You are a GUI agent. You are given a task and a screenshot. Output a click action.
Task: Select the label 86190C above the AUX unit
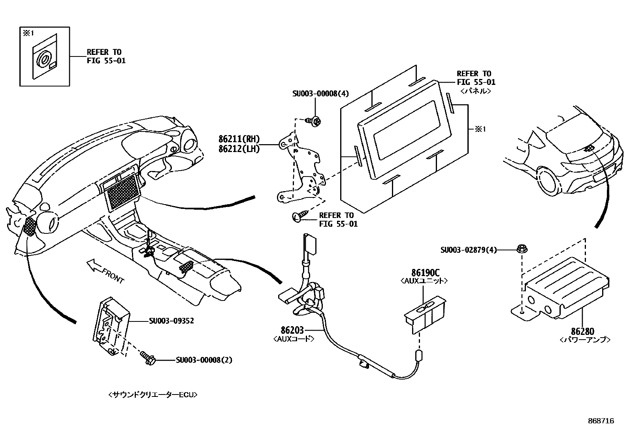coord(425,272)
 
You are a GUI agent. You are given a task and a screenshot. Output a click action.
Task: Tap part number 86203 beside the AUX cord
coord(292,330)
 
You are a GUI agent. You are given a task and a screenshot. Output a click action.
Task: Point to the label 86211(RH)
coord(239,139)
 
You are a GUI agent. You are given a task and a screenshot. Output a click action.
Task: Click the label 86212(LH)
coord(239,149)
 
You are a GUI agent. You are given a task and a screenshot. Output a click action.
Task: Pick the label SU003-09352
coord(171,321)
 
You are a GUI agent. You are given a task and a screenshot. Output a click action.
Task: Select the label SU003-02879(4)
coord(469,250)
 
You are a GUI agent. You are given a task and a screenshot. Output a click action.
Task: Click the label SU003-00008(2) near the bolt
coord(204,360)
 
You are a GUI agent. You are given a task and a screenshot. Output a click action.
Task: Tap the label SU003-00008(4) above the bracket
coord(320,94)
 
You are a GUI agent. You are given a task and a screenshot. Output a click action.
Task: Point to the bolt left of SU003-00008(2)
coord(148,358)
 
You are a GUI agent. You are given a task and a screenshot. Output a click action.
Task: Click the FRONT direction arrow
coord(94,265)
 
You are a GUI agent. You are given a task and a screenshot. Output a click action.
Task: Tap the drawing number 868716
coord(601,421)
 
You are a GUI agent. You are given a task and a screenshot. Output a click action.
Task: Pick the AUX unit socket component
coord(426,312)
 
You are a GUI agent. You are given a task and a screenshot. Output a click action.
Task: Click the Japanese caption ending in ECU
coord(152,395)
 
